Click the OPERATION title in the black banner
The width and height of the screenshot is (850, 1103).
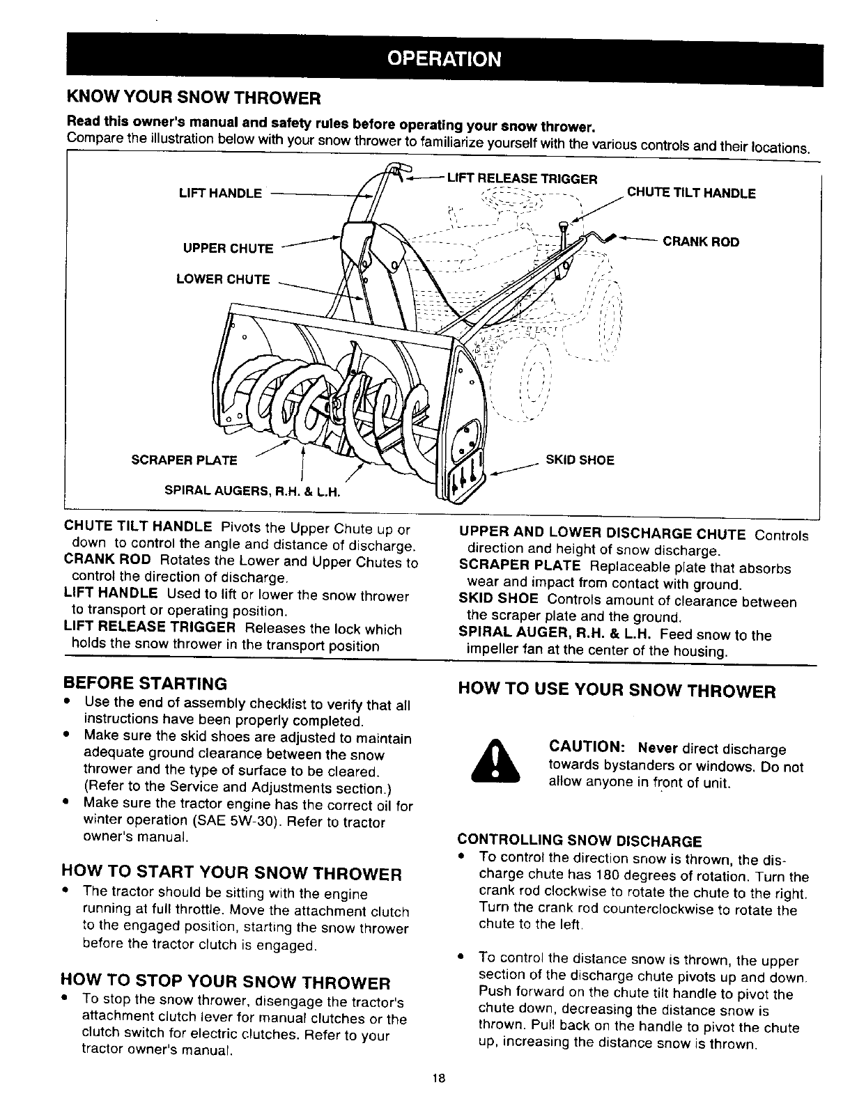point(444,58)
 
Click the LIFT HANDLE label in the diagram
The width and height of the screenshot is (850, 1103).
point(220,193)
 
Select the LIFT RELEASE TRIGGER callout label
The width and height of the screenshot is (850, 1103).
point(522,179)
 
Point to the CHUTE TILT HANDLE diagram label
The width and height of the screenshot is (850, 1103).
point(691,193)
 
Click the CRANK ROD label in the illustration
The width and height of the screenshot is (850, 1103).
point(700,242)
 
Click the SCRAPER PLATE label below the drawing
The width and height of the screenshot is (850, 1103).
point(184,460)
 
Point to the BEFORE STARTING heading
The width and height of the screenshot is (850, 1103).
point(145,682)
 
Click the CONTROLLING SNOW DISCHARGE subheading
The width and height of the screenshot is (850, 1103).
point(579,841)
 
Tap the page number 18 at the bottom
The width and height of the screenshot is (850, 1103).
point(438,1079)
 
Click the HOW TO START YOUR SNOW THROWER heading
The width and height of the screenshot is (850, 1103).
point(232,873)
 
